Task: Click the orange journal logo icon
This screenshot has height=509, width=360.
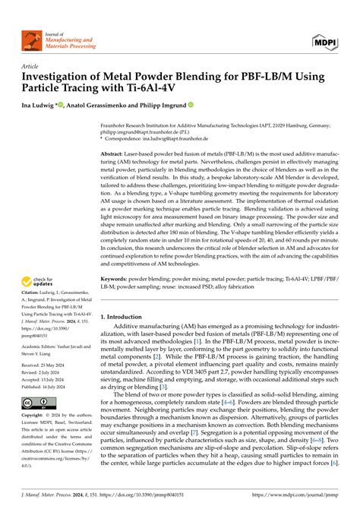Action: pos(33,40)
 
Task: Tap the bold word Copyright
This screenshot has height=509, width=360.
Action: pos(37,415)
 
